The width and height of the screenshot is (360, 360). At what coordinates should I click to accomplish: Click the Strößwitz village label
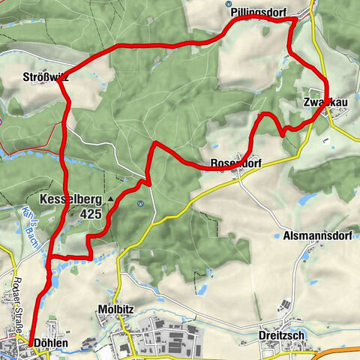click(46, 76)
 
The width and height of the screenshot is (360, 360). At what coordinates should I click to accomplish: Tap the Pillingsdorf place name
click(259, 12)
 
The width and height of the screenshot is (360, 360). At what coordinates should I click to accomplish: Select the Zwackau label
click(323, 102)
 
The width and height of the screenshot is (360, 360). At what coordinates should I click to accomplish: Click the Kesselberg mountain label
click(76, 199)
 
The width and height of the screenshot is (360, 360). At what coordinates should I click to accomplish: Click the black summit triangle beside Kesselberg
click(110, 199)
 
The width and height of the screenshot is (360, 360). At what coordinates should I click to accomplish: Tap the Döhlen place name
click(52, 343)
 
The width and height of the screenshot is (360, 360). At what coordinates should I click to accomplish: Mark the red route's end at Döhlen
click(29, 343)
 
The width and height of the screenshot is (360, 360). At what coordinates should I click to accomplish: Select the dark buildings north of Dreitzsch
click(283, 307)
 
